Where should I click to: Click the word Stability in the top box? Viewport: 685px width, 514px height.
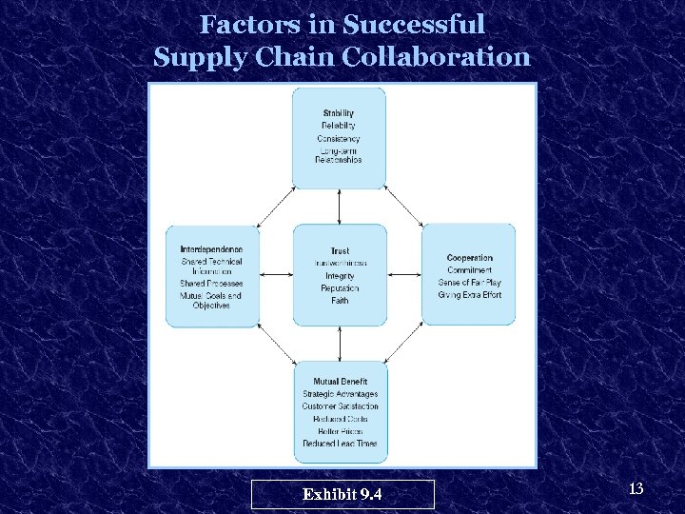coord(339,113)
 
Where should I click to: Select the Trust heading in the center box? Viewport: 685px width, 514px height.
coord(339,251)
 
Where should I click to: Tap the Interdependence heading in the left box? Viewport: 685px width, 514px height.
coord(211,249)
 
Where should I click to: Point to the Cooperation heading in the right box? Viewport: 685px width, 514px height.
coord(469,258)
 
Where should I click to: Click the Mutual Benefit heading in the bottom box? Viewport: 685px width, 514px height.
coord(340,382)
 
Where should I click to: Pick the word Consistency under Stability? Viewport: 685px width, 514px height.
coord(339,139)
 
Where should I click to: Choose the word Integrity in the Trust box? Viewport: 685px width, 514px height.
coord(340,276)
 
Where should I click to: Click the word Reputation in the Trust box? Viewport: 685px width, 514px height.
coord(340,288)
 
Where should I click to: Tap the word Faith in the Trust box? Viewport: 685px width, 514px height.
coord(340,301)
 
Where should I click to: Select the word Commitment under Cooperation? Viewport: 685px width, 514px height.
coord(469,270)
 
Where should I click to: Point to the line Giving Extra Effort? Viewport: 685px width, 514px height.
coord(469,295)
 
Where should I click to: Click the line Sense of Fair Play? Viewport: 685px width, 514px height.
coord(469,283)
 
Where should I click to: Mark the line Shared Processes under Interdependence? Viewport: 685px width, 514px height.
coord(211,284)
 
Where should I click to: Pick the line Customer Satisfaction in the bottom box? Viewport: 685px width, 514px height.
coord(340,406)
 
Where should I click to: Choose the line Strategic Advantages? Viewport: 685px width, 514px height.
coord(340,394)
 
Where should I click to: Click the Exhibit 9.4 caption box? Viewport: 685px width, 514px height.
coord(342,494)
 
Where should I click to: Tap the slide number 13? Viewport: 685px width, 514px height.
coord(636,489)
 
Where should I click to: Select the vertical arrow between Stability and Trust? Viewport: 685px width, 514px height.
coord(340,206)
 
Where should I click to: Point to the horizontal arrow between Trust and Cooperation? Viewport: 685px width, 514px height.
coord(404,275)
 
